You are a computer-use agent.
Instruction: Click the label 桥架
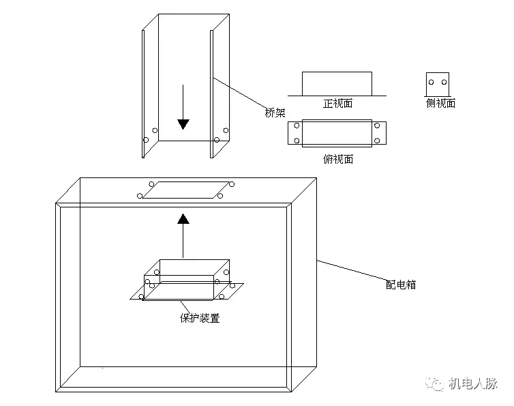(275, 113)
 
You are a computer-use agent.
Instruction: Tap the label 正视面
(337, 104)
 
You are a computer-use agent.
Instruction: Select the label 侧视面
(440, 103)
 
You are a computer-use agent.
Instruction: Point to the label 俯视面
(337, 159)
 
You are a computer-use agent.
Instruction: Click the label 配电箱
(401, 285)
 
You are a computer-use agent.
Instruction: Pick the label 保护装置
(200, 318)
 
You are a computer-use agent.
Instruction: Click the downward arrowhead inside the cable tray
(183, 124)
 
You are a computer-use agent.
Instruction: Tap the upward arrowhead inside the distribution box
(183, 219)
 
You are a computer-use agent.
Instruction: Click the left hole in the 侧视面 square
(432, 83)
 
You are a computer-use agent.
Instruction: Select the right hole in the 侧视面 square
(444, 83)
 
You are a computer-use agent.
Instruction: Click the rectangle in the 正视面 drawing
(337, 83)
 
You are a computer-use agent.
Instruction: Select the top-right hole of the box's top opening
(232, 184)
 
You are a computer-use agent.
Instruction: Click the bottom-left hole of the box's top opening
(140, 197)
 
